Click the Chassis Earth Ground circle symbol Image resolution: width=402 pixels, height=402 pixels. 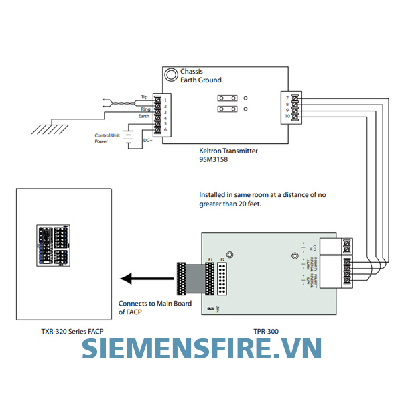click(x=172, y=75)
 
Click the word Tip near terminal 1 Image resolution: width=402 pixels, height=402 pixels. click(x=145, y=98)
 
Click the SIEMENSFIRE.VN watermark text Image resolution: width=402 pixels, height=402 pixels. click(x=201, y=349)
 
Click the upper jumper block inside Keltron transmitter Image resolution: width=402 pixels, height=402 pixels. click(x=226, y=97)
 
